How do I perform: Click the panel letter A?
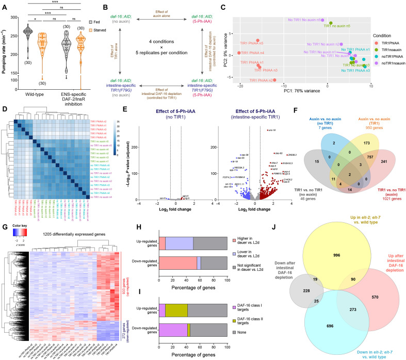[x=5, y=5]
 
